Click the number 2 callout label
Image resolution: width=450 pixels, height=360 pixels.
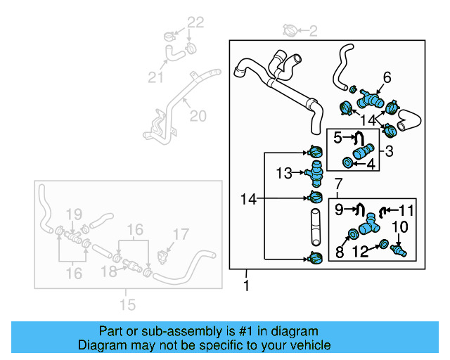coord(313,30)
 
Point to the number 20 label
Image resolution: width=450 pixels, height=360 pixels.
coord(198,116)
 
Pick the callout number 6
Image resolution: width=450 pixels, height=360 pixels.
coord(387,77)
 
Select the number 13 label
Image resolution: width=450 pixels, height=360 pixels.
coord(283,173)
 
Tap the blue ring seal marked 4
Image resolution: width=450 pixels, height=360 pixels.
coord(347,164)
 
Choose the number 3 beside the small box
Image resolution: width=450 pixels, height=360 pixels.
coord(388,150)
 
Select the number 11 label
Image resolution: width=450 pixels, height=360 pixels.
coord(407,209)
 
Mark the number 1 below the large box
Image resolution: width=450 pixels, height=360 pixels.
coord(245,286)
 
